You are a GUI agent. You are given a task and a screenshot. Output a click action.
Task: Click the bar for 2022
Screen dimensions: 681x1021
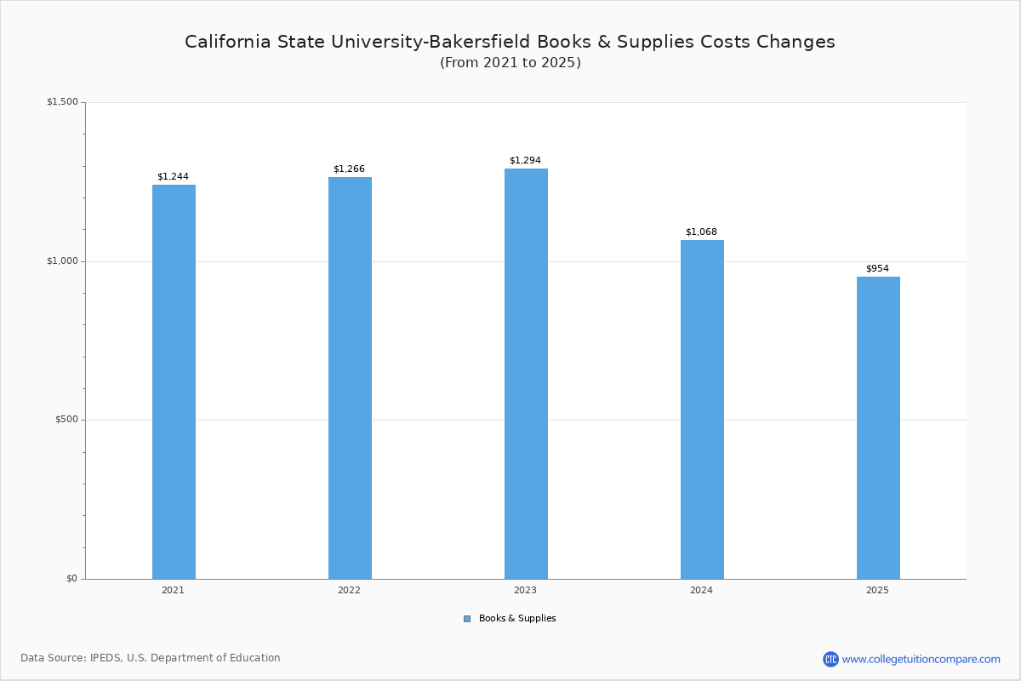pos(350,378)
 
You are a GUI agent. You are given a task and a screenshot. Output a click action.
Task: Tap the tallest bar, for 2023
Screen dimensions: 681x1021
pos(526,374)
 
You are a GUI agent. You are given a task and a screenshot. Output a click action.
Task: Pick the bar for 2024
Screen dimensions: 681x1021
pos(702,409)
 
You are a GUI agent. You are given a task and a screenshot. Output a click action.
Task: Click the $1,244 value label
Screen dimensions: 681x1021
pos(173,177)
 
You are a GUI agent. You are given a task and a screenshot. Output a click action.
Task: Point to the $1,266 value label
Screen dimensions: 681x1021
pos(349,169)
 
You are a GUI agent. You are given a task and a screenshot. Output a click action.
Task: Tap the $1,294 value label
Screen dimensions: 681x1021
pos(525,161)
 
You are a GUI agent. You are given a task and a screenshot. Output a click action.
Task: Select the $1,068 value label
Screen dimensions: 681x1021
pos(701,232)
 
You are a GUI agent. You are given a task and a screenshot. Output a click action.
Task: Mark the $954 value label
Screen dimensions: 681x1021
pos(877,269)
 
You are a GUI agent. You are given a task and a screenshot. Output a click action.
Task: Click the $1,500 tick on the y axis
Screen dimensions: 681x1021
pos(62,102)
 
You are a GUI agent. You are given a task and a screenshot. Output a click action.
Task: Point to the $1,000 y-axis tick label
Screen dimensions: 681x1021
pos(62,261)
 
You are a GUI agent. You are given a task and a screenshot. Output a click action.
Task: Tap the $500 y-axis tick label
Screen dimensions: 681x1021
pos(66,420)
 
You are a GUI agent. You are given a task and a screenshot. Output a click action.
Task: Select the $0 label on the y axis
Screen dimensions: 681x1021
pos(71,579)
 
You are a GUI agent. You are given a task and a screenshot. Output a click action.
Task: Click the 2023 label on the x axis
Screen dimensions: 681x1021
pos(525,590)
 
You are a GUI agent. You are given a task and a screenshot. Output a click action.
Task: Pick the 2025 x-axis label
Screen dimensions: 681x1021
pos(877,590)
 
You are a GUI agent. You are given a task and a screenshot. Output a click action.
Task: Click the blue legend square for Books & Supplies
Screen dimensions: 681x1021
pos(467,619)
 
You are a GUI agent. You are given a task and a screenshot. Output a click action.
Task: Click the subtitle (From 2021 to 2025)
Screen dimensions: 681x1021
pos(510,63)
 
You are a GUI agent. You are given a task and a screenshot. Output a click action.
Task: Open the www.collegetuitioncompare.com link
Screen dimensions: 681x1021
pos(921,659)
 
